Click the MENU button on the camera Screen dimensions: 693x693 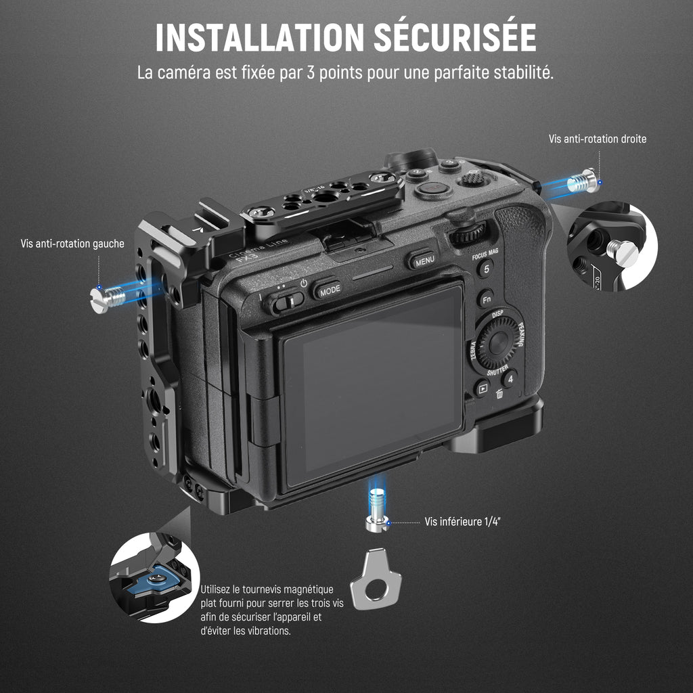[422, 261]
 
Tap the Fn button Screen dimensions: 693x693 [486, 299]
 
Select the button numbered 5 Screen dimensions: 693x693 [486, 268]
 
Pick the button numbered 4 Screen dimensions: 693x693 [510, 379]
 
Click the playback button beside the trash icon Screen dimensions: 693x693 [482, 388]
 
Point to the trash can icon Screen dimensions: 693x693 [499, 393]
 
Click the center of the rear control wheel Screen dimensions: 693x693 [499, 342]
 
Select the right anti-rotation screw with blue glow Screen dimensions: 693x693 [583, 181]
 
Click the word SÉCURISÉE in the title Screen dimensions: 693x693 [455, 37]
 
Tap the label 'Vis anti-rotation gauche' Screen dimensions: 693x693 [72, 244]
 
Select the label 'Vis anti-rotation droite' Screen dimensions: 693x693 [598, 139]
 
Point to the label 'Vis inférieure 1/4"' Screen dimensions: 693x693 [462, 522]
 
